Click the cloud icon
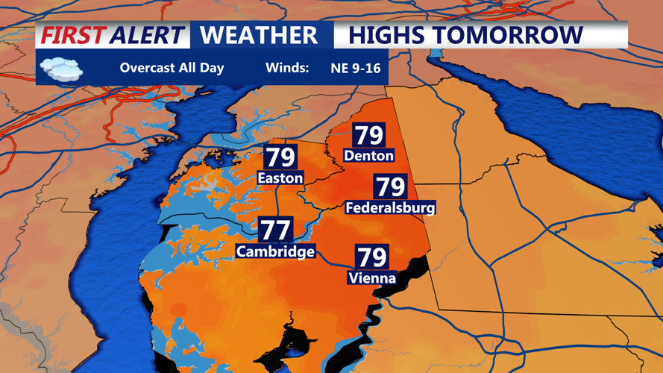click(x=61, y=69)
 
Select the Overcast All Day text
click(x=172, y=68)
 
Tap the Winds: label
click(x=286, y=68)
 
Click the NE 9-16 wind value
click(x=356, y=69)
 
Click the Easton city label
click(x=280, y=178)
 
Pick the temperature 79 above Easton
click(x=280, y=157)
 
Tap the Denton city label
click(x=368, y=156)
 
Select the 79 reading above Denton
click(x=368, y=135)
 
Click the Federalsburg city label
click(x=390, y=207)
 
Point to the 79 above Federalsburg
click(x=390, y=186)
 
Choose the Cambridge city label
click(x=275, y=251)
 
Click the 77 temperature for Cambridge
click(x=275, y=230)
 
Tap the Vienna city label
click(x=371, y=278)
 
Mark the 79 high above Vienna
click(x=371, y=257)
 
